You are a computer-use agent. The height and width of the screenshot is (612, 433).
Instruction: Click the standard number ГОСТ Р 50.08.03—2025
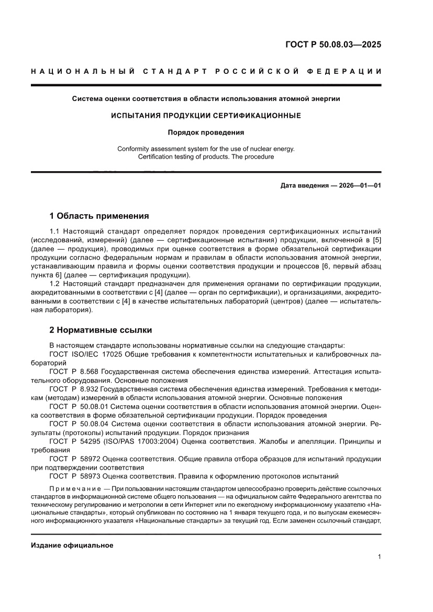[x=333, y=44]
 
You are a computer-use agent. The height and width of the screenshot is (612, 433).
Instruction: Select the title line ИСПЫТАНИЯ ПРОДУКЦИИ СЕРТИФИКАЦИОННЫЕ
[x=206, y=115]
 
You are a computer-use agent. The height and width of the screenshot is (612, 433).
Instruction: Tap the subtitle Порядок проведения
[x=206, y=132]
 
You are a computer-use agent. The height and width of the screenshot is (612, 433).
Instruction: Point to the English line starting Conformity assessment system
[x=206, y=149]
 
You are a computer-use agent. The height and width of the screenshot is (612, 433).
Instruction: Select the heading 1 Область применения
[x=99, y=216]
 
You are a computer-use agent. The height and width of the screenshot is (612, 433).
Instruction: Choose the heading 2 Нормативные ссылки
[x=101, y=330]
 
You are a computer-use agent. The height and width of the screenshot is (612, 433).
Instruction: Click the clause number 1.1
[x=55, y=231]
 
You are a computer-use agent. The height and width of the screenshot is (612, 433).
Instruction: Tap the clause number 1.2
[x=55, y=283]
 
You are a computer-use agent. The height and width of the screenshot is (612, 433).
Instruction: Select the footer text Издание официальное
[x=72, y=545]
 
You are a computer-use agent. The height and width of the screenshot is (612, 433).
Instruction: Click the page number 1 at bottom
[x=379, y=557]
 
